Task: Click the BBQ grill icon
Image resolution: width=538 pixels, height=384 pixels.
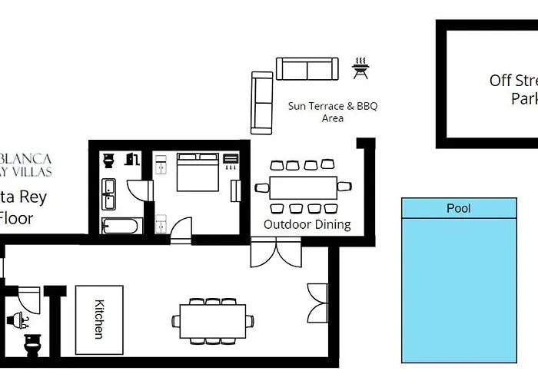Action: pos(359,68)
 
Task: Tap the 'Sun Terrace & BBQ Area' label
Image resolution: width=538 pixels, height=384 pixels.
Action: pos(333,112)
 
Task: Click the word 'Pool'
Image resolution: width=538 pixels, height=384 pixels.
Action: pos(459,208)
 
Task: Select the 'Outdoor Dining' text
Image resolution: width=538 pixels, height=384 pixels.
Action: pos(307,224)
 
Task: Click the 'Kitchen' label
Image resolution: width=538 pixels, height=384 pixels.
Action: pos(99,319)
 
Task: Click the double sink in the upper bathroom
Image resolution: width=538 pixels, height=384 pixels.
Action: pos(109,194)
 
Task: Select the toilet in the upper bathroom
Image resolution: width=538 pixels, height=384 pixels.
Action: pos(109,161)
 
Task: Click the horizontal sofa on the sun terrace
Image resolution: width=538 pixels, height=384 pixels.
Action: pos(307,69)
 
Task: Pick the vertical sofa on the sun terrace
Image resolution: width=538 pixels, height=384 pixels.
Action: pos(262,101)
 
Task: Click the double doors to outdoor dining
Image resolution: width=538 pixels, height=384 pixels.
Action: pos(276,253)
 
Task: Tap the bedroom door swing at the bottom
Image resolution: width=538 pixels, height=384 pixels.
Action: pos(181,230)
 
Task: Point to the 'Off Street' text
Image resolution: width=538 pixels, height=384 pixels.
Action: pos(513,81)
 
